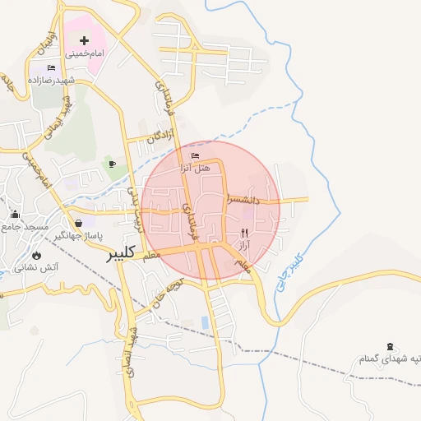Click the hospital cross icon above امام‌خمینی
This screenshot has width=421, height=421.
coord(84,40)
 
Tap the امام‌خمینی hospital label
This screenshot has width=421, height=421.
coord(86,53)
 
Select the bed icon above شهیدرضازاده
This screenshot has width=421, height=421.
coord(52,67)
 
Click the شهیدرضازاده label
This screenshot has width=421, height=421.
coord(51,80)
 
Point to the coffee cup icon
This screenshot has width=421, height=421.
coord(113,164)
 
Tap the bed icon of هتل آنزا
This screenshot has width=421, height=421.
coord(195,155)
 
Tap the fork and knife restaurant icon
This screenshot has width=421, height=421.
coord(243,234)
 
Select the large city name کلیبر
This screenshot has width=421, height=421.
coord(120,256)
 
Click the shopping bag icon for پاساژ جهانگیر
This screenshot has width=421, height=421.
coord(78,223)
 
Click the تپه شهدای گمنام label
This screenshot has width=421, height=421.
coord(391,359)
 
